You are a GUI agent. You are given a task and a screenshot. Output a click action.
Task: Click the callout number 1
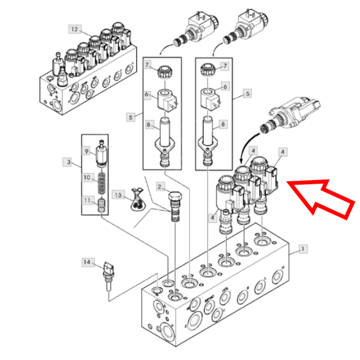click(302, 249)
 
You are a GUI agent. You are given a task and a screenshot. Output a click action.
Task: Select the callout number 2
click(160, 187)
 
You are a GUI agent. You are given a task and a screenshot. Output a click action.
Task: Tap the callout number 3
click(69, 161)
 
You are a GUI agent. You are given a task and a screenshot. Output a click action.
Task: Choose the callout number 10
click(86, 178)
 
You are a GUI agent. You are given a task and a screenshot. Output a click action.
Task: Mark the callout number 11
click(86, 200)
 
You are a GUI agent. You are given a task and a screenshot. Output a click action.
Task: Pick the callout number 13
click(118, 196)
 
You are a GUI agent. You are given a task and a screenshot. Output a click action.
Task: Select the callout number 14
click(88, 262)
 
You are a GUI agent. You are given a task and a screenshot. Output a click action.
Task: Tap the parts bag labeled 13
click(137, 201)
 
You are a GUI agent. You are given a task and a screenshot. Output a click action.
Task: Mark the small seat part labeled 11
click(102, 205)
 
